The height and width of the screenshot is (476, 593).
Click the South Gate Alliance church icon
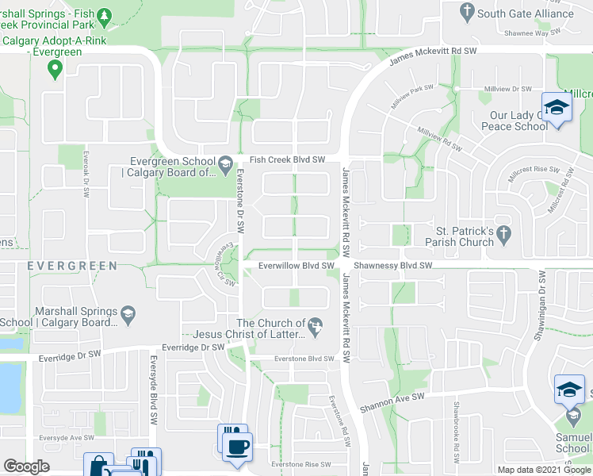467,12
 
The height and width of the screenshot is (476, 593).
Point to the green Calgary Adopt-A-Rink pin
55,70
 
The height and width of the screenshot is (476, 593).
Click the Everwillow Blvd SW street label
294,266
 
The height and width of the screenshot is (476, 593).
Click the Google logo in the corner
26,466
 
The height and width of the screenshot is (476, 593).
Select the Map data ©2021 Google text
544,470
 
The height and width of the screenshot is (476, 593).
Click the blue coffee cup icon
237,446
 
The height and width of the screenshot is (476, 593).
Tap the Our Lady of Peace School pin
557,109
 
